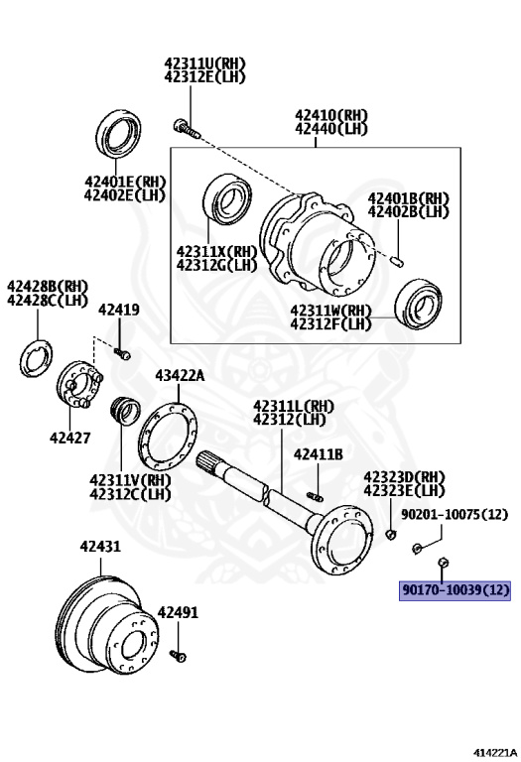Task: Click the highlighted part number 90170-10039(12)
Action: click(x=455, y=590)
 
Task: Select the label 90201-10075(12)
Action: click(x=455, y=514)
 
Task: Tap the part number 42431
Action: click(x=100, y=547)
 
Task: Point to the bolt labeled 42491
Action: click(x=178, y=656)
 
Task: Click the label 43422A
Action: click(x=180, y=375)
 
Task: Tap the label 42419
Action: click(x=119, y=310)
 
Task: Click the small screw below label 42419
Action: click(x=122, y=353)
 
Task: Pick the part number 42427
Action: click(x=70, y=438)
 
